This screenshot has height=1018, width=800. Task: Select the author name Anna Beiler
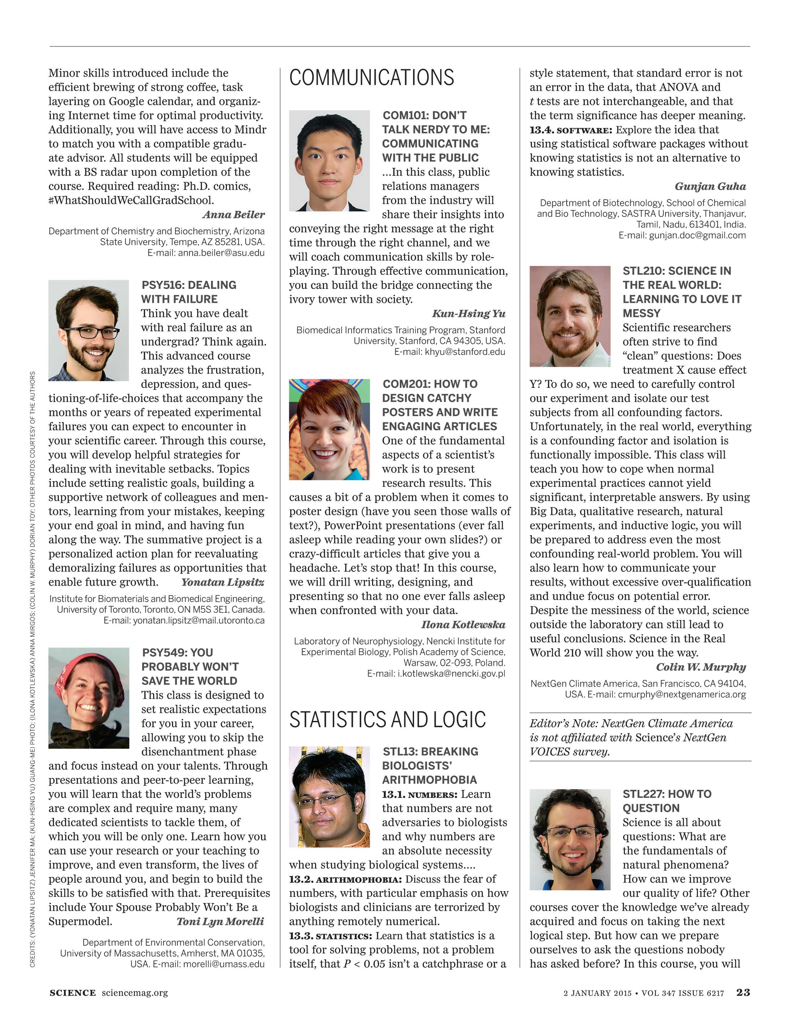point(233,215)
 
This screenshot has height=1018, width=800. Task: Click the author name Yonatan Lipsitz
point(222,582)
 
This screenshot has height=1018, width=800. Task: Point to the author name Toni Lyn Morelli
point(220,921)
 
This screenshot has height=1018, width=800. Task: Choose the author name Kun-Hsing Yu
point(468,313)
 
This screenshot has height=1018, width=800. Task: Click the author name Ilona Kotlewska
point(463,625)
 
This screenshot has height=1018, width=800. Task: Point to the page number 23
point(743,993)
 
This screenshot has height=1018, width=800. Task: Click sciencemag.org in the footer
point(135,993)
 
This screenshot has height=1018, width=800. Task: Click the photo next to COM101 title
point(329,161)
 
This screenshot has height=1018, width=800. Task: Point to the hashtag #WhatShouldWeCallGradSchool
point(131,201)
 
